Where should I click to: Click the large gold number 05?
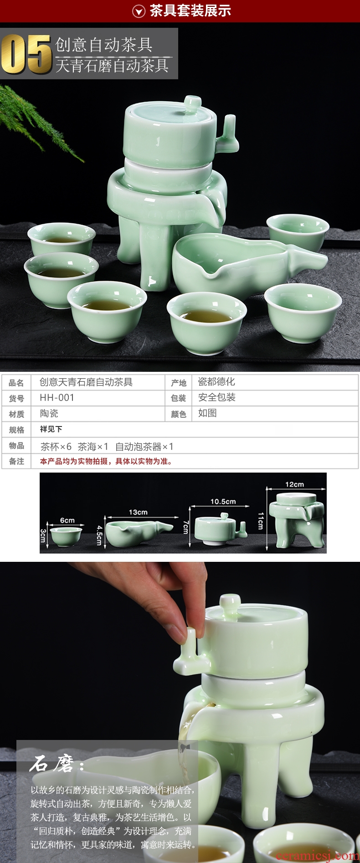click(x=26, y=54)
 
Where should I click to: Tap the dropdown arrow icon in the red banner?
click(x=139, y=11)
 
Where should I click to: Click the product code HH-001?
click(x=57, y=397)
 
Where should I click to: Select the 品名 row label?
click(x=16, y=383)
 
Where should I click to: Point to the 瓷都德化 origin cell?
click(x=216, y=382)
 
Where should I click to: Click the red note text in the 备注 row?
click(x=106, y=461)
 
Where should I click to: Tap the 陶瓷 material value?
click(x=49, y=413)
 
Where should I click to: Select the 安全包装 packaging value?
click(x=216, y=397)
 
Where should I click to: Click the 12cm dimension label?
click(x=294, y=484)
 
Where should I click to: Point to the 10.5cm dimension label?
click(x=223, y=501)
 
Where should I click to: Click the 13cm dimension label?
click(x=138, y=512)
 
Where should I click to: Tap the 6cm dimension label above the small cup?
click(x=67, y=520)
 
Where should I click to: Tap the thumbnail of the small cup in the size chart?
click(x=66, y=536)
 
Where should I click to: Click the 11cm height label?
click(x=261, y=520)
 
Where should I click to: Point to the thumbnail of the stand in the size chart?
click(x=297, y=520)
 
